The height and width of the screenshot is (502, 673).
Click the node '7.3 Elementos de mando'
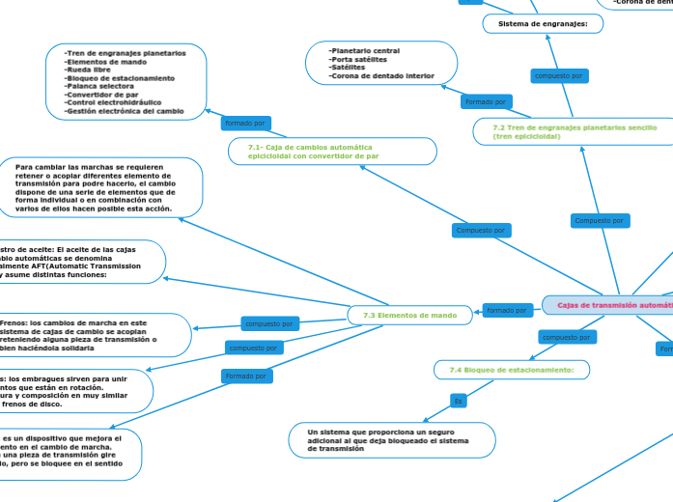[x=403, y=315]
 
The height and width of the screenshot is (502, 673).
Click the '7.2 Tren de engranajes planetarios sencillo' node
[x=575, y=131]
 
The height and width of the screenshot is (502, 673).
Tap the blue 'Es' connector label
[x=459, y=400]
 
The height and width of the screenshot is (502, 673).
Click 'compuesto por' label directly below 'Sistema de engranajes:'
[x=559, y=75]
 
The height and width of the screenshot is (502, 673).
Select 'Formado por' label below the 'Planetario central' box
[x=487, y=101]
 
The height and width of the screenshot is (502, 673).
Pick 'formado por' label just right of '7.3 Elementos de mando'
[x=507, y=310]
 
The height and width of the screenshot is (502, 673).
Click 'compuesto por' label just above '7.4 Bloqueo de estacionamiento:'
[x=566, y=337]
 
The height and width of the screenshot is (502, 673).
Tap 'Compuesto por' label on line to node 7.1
[x=480, y=231]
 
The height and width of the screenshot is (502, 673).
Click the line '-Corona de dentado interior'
[x=381, y=75]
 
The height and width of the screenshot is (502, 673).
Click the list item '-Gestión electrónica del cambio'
[x=123, y=111]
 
